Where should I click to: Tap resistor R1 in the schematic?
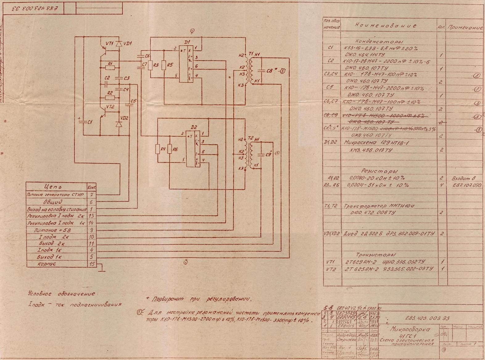[110, 67]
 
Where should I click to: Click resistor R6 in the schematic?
[169, 149]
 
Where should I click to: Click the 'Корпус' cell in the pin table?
[47, 264]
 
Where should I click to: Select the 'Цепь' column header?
[53, 187]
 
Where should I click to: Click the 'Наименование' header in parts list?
[385, 26]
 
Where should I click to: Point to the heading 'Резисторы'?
[379, 171]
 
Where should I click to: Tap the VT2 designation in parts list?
[330, 269]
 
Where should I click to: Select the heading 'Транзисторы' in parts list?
[376, 255]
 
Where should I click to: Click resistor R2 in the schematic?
[110, 98]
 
